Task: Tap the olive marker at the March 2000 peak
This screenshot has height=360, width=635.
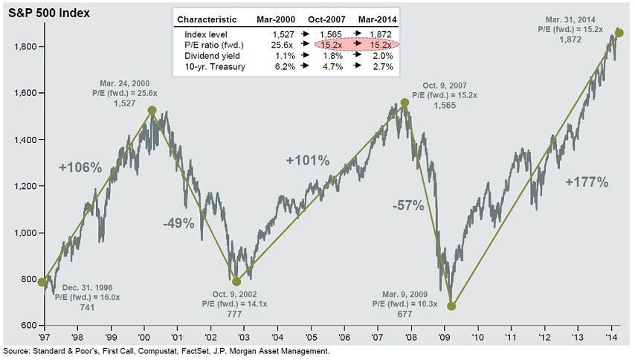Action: [x=152, y=110]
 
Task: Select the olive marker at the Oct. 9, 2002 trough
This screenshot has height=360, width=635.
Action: [x=236, y=281]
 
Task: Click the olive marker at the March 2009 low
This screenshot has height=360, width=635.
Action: [x=451, y=306]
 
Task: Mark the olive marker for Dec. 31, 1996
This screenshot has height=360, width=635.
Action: [x=42, y=282]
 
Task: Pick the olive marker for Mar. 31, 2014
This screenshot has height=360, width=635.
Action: [x=619, y=33]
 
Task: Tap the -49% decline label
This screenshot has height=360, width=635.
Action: [x=178, y=222]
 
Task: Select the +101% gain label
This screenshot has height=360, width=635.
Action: [x=307, y=160]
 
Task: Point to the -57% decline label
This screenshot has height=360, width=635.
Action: [x=408, y=205]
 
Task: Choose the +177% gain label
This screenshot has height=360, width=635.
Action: [x=587, y=182]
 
